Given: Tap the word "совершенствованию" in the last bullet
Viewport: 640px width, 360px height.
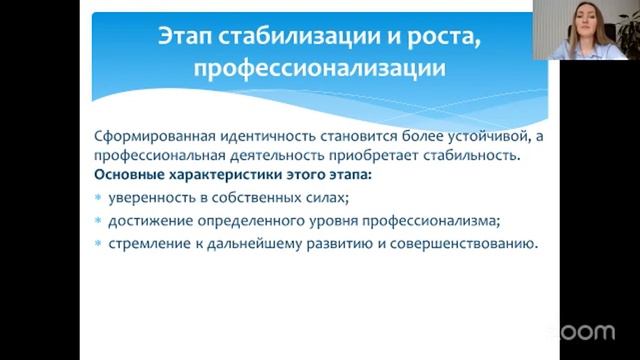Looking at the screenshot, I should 468,243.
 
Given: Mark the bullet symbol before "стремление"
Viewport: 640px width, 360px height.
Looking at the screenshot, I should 98,244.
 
